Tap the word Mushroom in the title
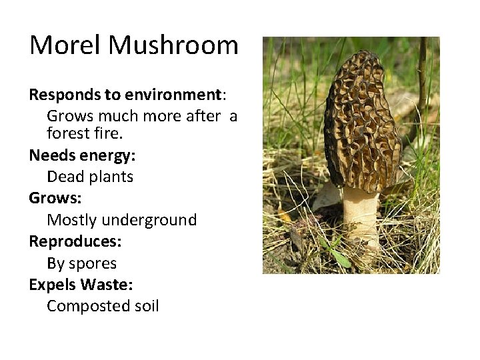pos(173,45)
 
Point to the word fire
pos(109,133)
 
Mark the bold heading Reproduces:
pos(75,241)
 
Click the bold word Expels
pos(53,285)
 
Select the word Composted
pos(85,306)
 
